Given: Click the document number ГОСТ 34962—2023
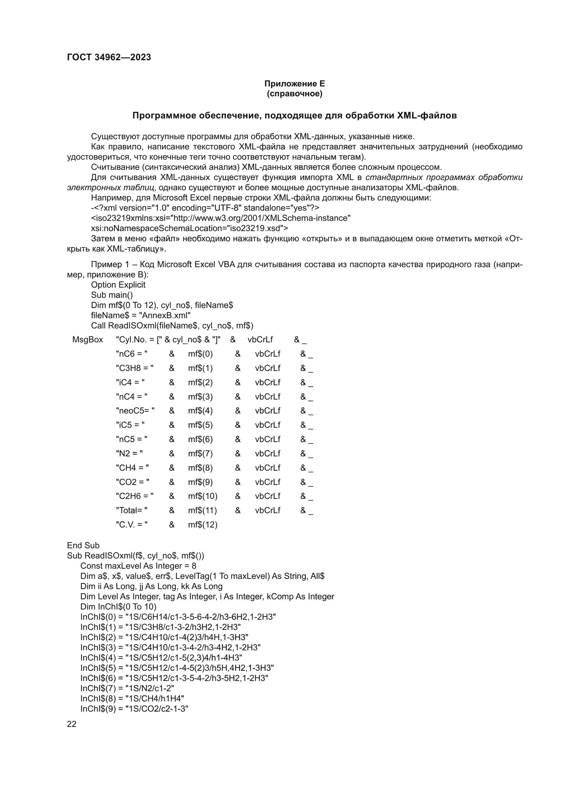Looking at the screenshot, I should pyautogui.click(x=109, y=57).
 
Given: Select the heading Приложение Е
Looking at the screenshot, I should pyautogui.click(x=294, y=84).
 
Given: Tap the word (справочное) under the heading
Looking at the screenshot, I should pyautogui.click(x=294, y=94).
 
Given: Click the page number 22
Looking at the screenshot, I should pyautogui.click(x=71, y=724).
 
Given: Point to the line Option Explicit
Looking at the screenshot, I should pyautogui.click(x=118, y=285).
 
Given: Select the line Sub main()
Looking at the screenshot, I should pyautogui.click(x=112, y=295).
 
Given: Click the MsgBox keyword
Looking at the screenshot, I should pyautogui.click(x=87, y=340).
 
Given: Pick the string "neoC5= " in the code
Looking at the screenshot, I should pyautogui.click(x=135, y=411).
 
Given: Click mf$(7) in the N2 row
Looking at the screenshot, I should pyautogui.click(x=200, y=453).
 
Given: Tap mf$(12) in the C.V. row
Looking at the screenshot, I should pyautogui.click(x=203, y=524).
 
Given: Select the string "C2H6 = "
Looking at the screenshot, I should pyautogui.click(x=134, y=496).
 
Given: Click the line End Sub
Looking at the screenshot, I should pyautogui.click(x=83, y=545).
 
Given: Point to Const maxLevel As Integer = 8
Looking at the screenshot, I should pyautogui.click(x=138, y=566).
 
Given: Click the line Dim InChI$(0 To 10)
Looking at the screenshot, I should pyautogui.click(x=118, y=607).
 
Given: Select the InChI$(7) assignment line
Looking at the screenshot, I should pyautogui.click(x=127, y=688).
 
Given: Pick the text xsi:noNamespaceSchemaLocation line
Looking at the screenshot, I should pyautogui.click(x=189, y=228).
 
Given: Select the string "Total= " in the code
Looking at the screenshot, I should pyautogui.click(x=131, y=510).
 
